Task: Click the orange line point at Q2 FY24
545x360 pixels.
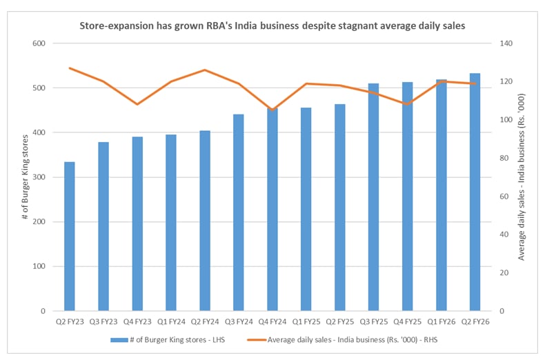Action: [x=205, y=70]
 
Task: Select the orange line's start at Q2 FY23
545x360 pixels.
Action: [x=70, y=68]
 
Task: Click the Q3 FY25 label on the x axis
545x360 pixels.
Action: [x=374, y=321]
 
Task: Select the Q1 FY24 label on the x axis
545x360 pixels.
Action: [x=171, y=321]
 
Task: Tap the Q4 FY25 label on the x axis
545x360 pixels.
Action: [x=408, y=321]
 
